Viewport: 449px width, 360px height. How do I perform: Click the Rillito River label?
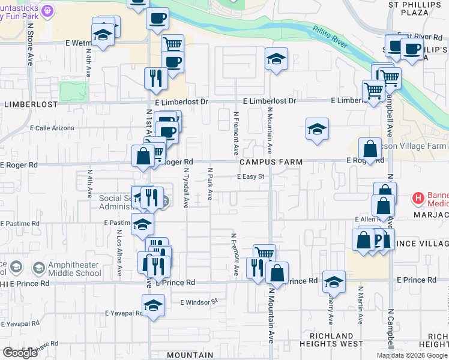[330, 36]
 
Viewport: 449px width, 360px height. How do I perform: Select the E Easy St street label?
[251, 176]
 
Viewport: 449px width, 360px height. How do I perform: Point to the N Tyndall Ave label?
[186, 187]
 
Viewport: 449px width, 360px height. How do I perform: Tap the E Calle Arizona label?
[52, 128]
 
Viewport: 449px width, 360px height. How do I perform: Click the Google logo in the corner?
[20, 353]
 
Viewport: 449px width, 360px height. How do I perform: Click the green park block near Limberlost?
[73, 91]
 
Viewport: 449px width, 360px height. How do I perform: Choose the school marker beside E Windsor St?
[154, 305]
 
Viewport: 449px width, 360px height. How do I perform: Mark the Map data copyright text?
[412, 355]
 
